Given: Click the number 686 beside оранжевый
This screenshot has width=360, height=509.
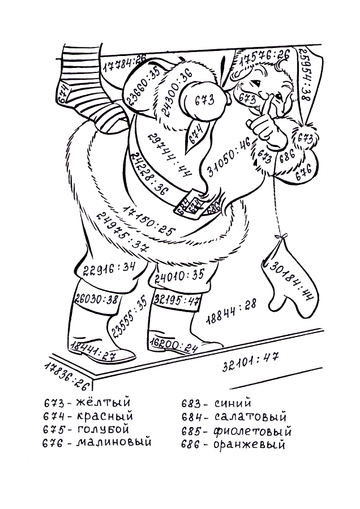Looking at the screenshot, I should coord(192,445).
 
